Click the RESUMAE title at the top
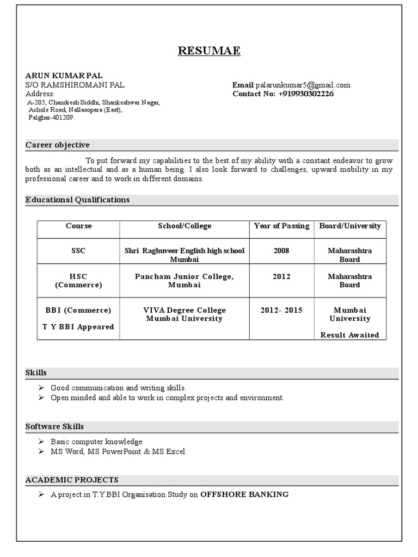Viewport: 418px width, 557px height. coord(209,51)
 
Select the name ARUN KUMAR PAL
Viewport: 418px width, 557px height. coord(64,76)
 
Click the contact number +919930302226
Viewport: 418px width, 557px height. coord(306,94)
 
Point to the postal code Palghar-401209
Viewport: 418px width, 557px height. coord(52,117)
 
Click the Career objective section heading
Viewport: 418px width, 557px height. coord(58,145)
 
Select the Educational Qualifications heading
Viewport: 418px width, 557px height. coord(77,200)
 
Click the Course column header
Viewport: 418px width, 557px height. coord(78,226)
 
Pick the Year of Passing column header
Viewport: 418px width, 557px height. coord(281,226)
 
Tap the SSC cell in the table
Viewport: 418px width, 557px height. coord(78,251)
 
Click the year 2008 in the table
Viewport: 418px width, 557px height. coord(281,251)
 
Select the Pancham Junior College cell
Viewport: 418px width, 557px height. coord(184,281)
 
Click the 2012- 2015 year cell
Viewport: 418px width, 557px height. coord(281,310)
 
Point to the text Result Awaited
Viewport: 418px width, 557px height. coord(349,335)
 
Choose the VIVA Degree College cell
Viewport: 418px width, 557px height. coord(184,314)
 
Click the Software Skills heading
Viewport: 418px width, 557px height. coord(54,426)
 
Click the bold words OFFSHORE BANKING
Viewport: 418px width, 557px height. coord(244,494)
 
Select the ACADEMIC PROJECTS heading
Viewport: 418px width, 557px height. coord(72,480)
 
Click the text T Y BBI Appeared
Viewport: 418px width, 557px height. coord(78,327)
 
